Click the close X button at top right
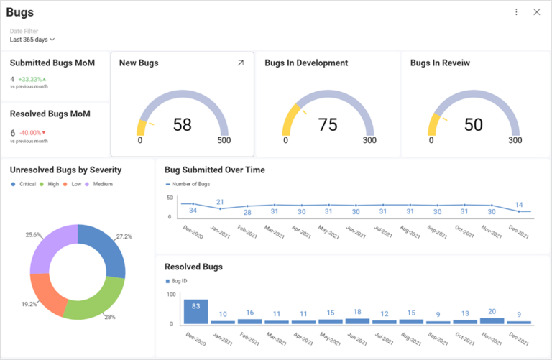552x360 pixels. coord(536,12)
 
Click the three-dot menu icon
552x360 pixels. coord(516,12)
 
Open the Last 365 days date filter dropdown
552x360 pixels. coord(32,40)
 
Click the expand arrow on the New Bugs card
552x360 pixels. coord(241,63)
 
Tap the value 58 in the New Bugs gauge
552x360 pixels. coord(183,125)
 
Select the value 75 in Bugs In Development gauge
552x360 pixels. coord(328,125)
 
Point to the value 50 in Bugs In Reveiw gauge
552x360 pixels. coord(474,125)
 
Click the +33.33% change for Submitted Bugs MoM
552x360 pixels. coord(32,79)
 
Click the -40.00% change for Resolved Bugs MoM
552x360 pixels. coord(32,132)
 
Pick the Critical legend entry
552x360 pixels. coord(25,185)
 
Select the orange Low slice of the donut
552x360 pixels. coord(45,291)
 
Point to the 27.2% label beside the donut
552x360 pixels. coord(124,236)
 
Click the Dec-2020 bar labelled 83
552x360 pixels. coord(195,311)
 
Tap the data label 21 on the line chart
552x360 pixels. coord(220,202)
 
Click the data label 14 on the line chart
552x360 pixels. coord(519,205)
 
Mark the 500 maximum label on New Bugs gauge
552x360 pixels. coord(224,140)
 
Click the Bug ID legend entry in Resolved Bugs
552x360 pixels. coord(180,281)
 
